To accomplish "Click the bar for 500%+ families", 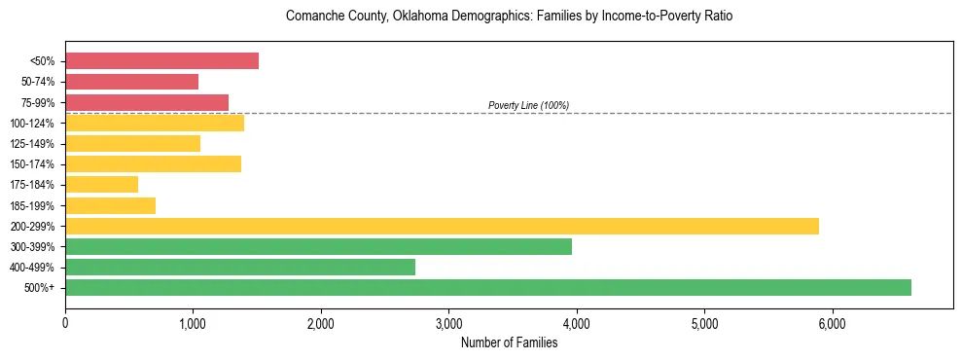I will point(488,287).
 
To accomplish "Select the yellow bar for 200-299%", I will point(442,226).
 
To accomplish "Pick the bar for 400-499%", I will point(240,267).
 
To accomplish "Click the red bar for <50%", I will point(161,61).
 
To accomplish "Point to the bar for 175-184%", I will point(101,184).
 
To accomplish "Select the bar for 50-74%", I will point(131,82).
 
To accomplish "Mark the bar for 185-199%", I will point(110,205).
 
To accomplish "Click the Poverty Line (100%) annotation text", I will point(528,105).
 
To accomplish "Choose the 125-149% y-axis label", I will point(34,143).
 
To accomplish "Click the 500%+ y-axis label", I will point(41,287).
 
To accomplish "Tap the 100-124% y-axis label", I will point(34,123).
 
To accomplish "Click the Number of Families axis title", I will point(509,342).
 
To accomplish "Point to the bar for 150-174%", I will point(153,163).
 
